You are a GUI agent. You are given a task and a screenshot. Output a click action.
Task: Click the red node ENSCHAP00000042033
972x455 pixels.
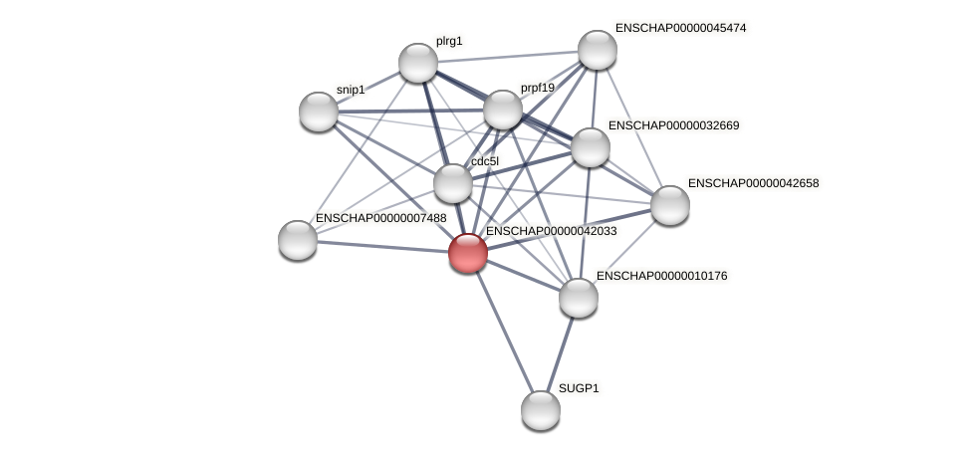point(467,253)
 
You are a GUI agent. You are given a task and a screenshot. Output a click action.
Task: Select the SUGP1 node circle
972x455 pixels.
point(541,409)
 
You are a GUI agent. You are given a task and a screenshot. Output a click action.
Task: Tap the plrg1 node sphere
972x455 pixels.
point(418,63)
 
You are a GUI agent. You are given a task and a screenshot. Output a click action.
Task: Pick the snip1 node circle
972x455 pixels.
point(319,111)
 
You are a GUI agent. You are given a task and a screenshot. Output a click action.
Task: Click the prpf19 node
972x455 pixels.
point(503,110)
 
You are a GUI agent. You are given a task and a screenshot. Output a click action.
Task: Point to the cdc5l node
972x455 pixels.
point(453,183)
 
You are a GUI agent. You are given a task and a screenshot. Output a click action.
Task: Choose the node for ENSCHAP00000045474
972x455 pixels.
point(598,50)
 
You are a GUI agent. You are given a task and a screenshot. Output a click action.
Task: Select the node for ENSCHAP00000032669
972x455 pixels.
point(591,147)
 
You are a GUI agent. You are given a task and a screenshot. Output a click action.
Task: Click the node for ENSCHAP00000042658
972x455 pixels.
point(670,205)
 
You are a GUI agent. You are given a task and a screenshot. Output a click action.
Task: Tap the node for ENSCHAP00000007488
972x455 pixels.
point(298,239)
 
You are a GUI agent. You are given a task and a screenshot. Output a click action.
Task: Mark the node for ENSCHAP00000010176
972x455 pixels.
point(579,297)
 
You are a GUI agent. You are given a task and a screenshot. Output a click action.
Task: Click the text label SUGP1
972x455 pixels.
point(579,388)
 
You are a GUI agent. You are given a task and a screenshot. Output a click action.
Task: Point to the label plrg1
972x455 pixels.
point(449,42)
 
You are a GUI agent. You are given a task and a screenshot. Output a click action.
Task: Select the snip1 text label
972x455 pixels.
point(351,90)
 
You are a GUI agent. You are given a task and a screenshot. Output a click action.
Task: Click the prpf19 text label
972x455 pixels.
point(538,88)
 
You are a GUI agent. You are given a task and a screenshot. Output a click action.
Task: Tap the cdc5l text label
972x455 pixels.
point(485,161)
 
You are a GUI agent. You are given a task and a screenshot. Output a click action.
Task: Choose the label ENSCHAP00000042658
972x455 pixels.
point(753,183)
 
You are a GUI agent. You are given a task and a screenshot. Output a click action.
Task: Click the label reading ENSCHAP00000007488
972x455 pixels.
point(380,218)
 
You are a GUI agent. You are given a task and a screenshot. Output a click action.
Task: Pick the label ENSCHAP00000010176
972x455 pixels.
point(661,276)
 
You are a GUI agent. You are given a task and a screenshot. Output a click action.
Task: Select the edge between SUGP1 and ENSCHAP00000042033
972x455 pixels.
point(504,331)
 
